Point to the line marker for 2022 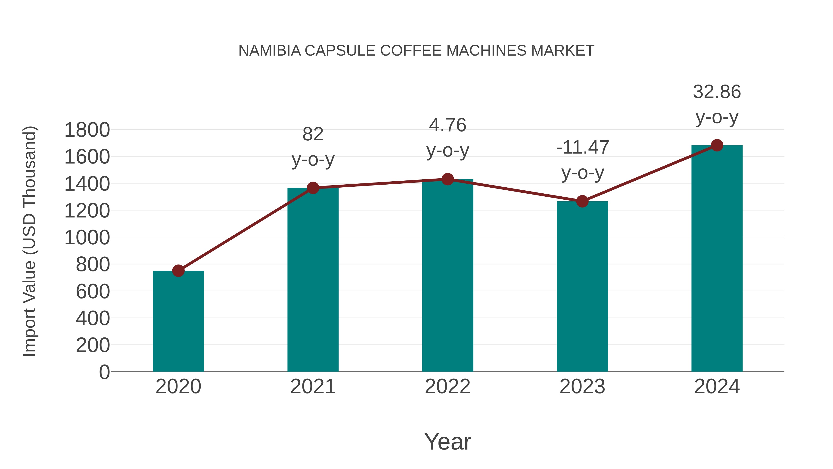[x=448, y=179]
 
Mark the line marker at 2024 [x=717, y=145]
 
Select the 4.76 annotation [x=448, y=125]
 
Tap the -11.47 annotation [x=582, y=148]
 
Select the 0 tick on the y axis [x=104, y=372]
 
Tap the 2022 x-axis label [x=448, y=387]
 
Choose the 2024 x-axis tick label [x=717, y=387]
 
